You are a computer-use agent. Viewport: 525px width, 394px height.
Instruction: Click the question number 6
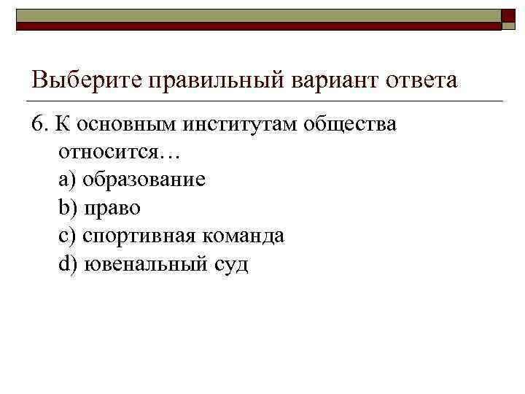pos(39,124)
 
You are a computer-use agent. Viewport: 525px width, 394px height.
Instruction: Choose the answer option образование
pos(144,180)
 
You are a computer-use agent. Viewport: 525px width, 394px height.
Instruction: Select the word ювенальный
pos(144,264)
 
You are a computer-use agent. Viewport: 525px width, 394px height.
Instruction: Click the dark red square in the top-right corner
pos(509,18)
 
